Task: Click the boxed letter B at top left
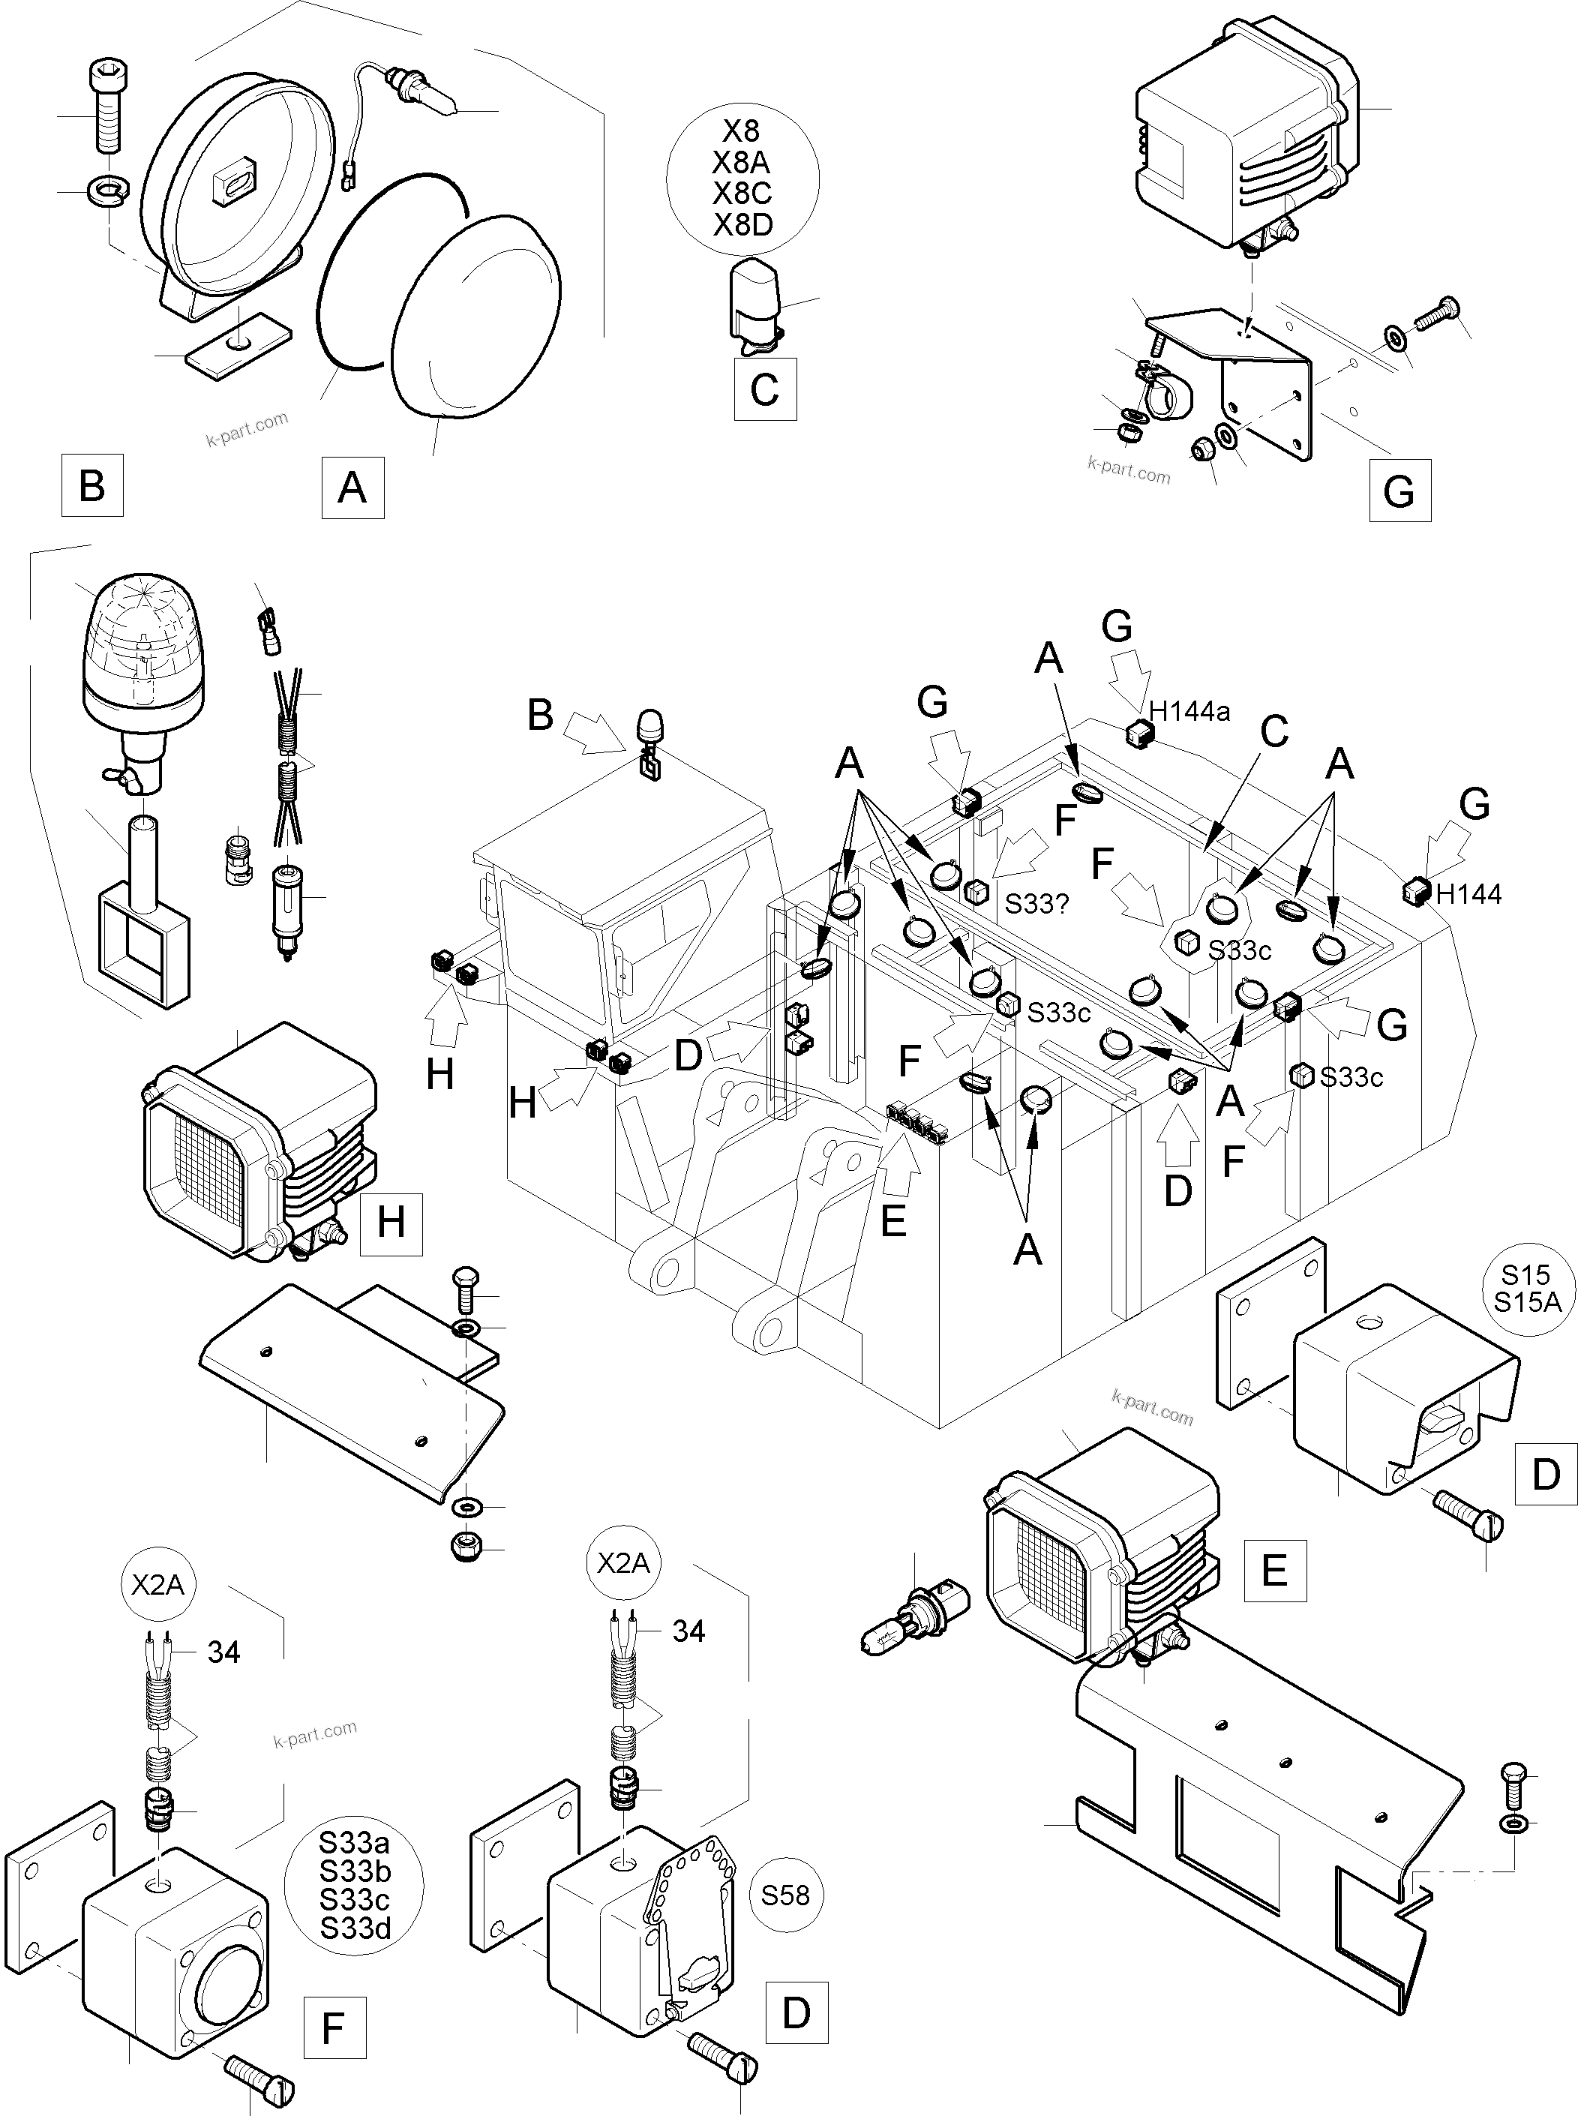click(x=91, y=485)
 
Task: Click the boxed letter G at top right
click(x=1399, y=491)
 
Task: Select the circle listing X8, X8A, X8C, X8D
click(x=742, y=179)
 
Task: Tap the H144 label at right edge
click(x=1468, y=894)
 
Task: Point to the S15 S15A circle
click(x=1526, y=1289)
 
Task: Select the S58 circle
click(x=785, y=1895)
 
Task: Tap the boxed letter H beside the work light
click(x=391, y=1223)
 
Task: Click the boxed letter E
click(x=1275, y=1571)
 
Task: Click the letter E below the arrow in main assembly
click(x=893, y=1221)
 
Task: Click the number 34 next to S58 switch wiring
click(x=688, y=1631)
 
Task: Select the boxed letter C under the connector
click(x=765, y=389)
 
